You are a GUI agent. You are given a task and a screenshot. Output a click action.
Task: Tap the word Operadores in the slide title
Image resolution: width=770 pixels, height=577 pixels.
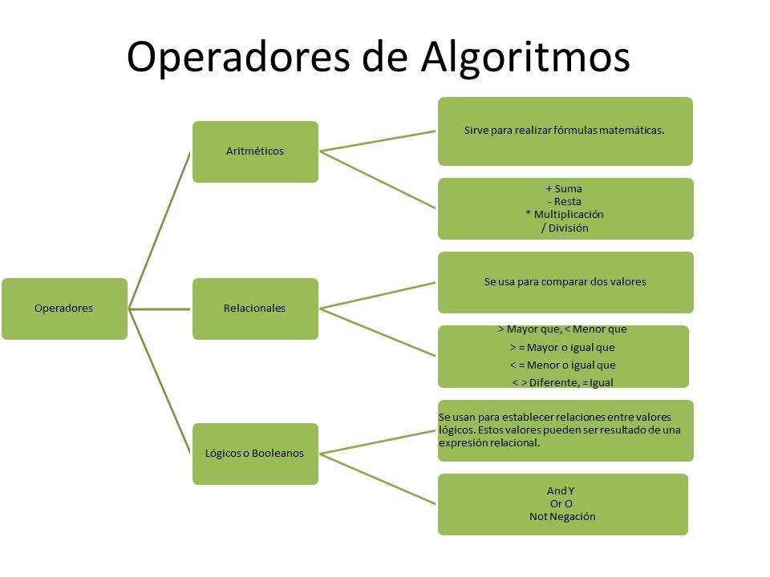[238, 56]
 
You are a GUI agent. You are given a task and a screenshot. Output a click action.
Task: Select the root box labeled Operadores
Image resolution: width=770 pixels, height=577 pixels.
[64, 309]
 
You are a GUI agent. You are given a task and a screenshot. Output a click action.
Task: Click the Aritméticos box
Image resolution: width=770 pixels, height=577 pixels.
[255, 151]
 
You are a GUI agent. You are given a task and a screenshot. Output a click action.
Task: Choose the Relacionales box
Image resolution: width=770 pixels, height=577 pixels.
[255, 309]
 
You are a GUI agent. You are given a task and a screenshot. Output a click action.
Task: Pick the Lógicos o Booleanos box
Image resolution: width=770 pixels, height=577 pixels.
[255, 454]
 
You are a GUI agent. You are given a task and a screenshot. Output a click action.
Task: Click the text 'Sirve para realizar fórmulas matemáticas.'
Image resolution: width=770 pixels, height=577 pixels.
[564, 131]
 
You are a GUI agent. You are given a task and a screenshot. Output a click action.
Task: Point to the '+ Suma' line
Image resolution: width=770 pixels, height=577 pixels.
[564, 188]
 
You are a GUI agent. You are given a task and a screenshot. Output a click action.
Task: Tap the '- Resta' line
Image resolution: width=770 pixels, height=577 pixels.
[564, 202]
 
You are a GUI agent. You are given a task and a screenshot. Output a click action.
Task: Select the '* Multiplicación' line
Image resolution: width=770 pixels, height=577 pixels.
[564, 215]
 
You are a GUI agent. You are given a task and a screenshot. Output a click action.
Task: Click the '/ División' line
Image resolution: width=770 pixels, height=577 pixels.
[565, 228]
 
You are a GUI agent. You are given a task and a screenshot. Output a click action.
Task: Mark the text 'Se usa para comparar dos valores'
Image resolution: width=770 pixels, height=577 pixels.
[565, 281]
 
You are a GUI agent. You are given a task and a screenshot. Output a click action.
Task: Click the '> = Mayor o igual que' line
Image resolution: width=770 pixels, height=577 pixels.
[562, 348]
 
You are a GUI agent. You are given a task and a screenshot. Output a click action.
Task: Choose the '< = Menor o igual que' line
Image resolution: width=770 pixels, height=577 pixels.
[562, 365]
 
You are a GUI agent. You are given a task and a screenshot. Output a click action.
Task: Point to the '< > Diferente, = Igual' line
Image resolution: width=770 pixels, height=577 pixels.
[563, 382]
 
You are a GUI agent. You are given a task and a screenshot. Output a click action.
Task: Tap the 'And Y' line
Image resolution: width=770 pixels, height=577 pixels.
[561, 490]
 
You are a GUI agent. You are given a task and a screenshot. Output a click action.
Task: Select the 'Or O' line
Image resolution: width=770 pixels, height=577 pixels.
[561, 503]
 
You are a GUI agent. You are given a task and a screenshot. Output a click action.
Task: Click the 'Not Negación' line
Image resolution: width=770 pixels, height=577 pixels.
[562, 516]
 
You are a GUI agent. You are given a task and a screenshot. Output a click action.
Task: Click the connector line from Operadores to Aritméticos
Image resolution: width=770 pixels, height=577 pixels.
[159, 231]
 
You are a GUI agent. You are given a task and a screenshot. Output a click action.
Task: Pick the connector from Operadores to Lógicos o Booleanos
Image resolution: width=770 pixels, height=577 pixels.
[159, 381]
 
